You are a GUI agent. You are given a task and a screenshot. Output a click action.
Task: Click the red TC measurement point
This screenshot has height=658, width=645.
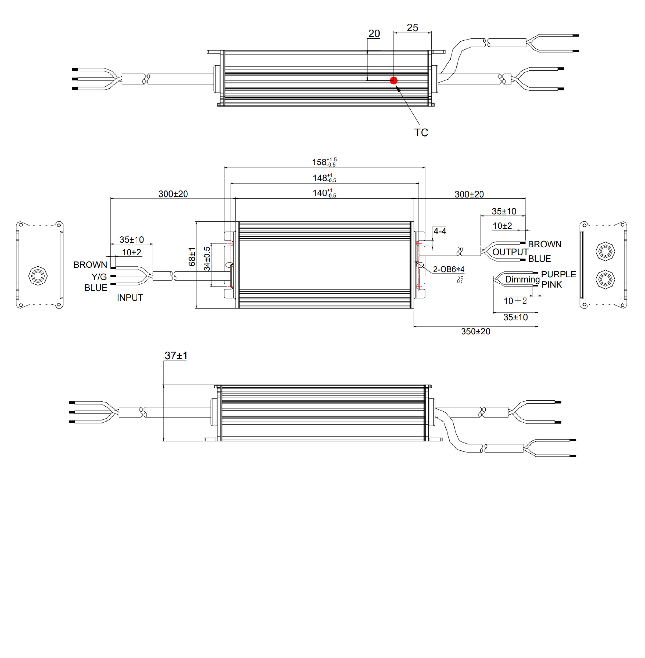(394, 80)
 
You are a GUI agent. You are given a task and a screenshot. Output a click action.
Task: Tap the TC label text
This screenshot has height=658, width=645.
(421, 133)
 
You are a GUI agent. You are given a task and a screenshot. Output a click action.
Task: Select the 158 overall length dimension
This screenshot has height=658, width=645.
(324, 162)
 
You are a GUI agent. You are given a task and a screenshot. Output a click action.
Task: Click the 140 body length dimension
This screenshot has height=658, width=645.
(324, 193)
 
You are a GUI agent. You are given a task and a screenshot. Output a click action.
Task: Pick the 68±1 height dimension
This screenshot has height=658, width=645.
(192, 257)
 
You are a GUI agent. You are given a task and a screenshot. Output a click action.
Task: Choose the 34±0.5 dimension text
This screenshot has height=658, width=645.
(207, 259)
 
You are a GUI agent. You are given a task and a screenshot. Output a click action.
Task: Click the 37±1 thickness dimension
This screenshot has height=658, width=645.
(176, 356)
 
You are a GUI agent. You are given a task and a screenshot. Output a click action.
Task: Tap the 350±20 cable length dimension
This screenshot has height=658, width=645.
(476, 331)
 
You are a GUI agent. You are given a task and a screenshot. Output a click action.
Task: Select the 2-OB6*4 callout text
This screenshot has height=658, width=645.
(449, 269)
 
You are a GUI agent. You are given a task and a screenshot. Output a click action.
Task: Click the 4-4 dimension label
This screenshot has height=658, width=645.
(440, 231)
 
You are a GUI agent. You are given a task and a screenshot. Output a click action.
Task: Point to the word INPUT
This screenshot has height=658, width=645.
(130, 298)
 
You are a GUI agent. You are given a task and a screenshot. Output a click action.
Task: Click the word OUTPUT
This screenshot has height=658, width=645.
(510, 252)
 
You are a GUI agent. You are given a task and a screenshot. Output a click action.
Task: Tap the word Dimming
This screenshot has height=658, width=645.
(522, 279)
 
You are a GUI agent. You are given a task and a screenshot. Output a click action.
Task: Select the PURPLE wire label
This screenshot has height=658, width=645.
(559, 274)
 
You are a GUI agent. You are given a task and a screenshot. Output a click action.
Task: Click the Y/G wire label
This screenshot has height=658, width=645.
(99, 277)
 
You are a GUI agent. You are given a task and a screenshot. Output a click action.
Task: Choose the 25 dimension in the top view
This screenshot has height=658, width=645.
(413, 27)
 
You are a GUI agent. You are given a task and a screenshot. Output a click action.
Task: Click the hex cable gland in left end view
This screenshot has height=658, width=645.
(38, 276)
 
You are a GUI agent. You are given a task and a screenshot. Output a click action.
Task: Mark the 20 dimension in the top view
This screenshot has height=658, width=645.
(374, 34)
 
